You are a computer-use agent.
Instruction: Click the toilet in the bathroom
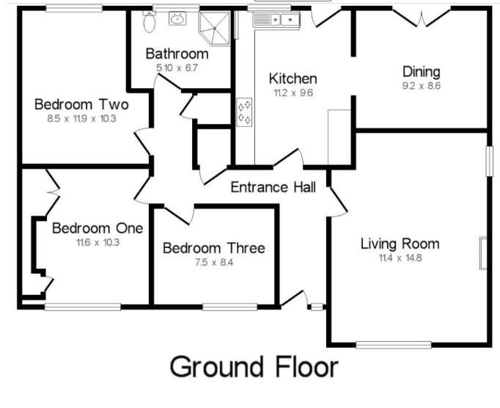click(x=150, y=21)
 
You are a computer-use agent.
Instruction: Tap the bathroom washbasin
click(x=177, y=18)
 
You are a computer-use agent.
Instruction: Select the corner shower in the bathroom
click(x=215, y=28)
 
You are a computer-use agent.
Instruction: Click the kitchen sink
click(x=276, y=20)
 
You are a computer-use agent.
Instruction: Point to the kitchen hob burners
click(x=244, y=112)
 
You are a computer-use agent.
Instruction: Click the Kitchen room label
click(x=293, y=79)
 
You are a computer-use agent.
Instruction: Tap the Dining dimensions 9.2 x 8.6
click(x=422, y=86)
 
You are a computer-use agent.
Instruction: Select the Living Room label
click(x=400, y=244)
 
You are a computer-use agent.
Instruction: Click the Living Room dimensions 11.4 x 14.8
click(x=400, y=258)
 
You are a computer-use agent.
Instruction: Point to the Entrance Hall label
click(x=273, y=187)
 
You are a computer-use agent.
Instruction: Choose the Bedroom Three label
click(x=213, y=248)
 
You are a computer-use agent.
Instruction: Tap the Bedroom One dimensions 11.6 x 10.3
click(x=98, y=243)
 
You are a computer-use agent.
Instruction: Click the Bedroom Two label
click(x=81, y=104)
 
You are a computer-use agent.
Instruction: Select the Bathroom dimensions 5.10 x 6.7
click(x=177, y=68)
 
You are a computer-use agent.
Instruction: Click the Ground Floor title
click(x=254, y=367)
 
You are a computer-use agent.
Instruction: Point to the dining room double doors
click(x=422, y=18)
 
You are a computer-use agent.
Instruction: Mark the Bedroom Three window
click(x=230, y=307)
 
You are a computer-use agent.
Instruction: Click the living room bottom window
click(x=394, y=345)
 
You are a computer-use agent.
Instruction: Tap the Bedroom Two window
click(x=74, y=8)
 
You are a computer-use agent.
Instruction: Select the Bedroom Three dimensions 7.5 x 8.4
click(x=214, y=263)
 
